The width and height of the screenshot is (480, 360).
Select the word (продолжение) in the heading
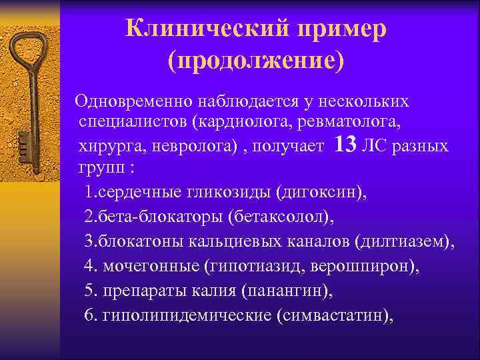pyautogui.click(x=256, y=62)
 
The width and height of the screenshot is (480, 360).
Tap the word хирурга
pyautogui.click(x=107, y=145)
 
